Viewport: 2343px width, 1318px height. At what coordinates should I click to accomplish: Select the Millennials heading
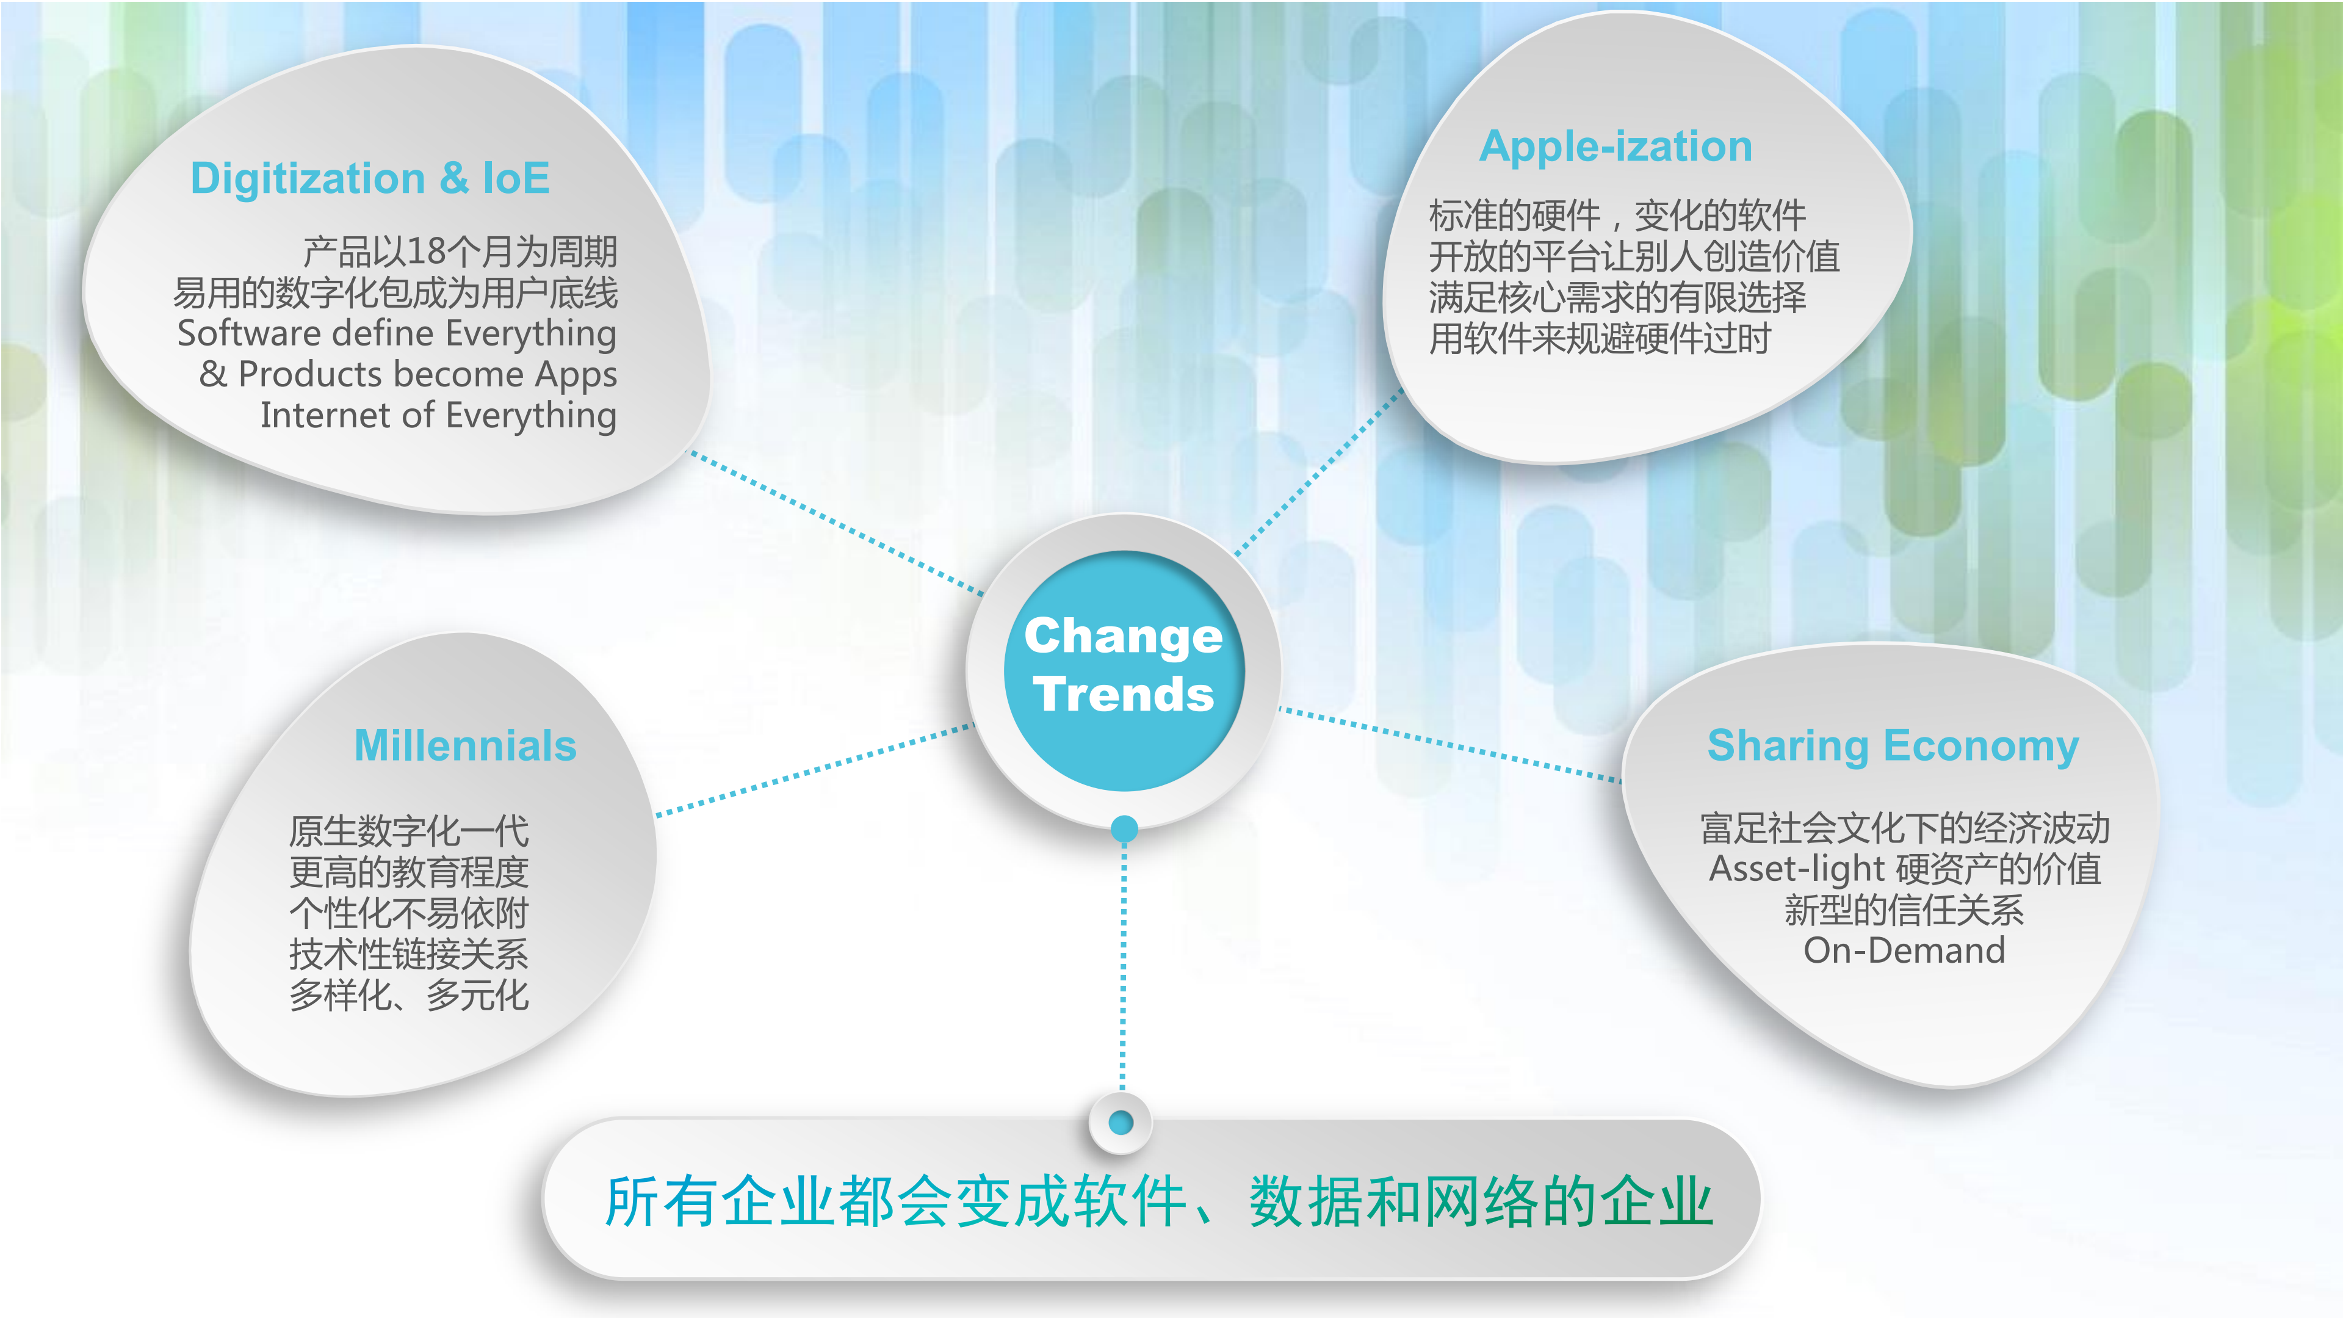(x=465, y=746)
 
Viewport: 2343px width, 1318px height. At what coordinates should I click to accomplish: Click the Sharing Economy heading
(x=1893, y=746)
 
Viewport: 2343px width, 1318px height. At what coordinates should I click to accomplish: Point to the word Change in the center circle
(x=1124, y=636)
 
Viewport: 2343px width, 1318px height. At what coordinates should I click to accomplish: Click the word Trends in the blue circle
(x=1124, y=695)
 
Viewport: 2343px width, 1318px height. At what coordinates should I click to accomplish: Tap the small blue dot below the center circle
(x=1124, y=828)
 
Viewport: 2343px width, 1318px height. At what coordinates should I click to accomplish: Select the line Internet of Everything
(x=438, y=416)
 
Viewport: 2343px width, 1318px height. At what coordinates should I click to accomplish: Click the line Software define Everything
(x=397, y=334)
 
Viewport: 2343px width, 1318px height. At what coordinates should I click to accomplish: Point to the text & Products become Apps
(x=408, y=375)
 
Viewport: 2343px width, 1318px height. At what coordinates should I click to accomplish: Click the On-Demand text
(x=1904, y=950)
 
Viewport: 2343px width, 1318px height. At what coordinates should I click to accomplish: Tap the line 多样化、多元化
(x=408, y=995)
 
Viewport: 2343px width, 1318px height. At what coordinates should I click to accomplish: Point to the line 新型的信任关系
(x=1904, y=910)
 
